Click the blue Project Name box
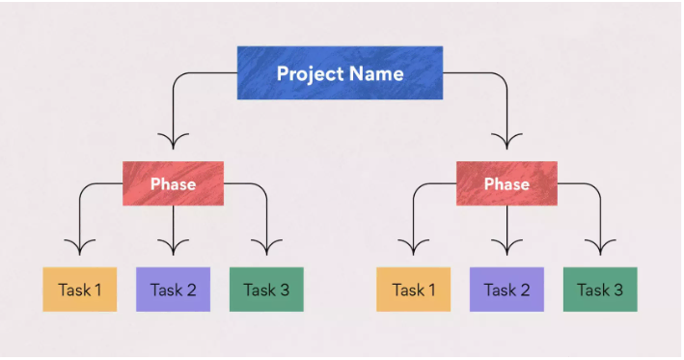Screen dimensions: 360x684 click(340, 73)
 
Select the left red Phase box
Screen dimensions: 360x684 click(173, 183)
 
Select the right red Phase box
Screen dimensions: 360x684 click(506, 183)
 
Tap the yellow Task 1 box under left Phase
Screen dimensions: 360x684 click(80, 290)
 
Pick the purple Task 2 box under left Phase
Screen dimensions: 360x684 click(173, 290)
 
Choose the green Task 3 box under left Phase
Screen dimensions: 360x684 click(266, 290)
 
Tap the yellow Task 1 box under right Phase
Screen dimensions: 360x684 click(413, 290)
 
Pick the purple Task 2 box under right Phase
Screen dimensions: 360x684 click(506, 290)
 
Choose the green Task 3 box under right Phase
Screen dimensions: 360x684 click(600, 290)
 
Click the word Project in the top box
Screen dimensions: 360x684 click(308, 73)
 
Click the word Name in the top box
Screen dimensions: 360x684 click(376, 73)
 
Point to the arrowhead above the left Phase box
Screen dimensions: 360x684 click(173, 142)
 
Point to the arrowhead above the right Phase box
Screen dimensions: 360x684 click(506, 142)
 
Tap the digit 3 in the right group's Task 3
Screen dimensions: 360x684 click(618, 290)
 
